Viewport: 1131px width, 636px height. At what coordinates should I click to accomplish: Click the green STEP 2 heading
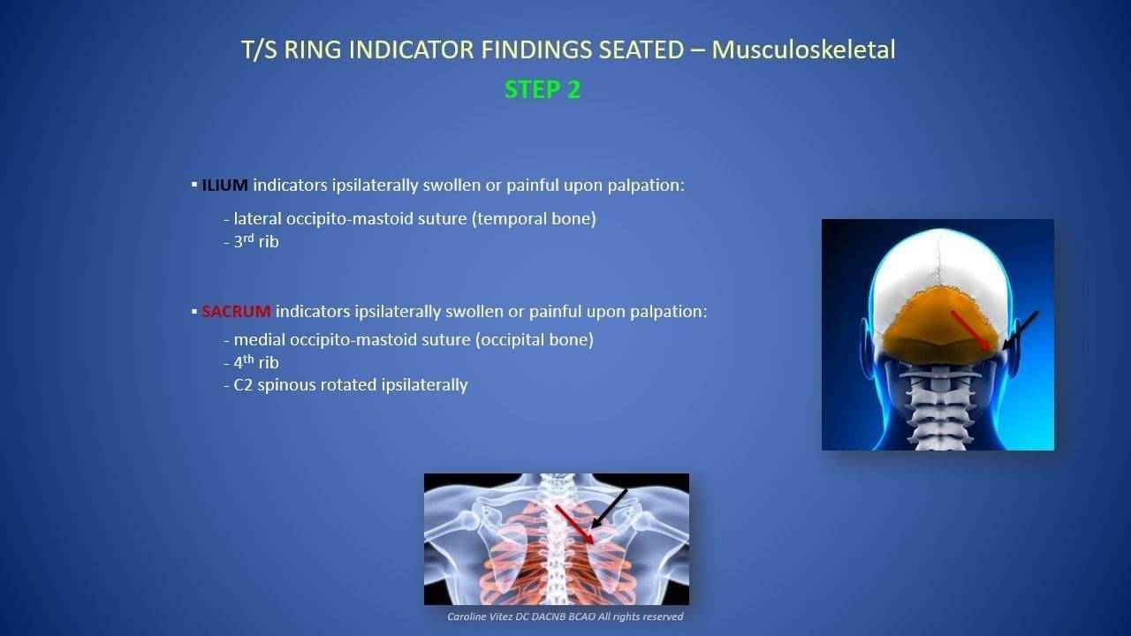[543, 90]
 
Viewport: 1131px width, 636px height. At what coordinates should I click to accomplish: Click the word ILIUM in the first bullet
[224, 185]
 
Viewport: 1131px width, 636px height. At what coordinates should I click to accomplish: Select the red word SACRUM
[236, 312]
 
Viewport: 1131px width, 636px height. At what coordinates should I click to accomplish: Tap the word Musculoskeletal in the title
[804, 49]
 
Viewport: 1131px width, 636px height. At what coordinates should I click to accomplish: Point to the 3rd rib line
[252, 241]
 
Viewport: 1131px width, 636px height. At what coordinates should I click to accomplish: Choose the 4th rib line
[252, 361]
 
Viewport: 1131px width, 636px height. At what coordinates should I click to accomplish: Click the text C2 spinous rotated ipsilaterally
[345, 385]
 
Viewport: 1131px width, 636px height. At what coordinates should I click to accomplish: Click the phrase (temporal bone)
[535, 219]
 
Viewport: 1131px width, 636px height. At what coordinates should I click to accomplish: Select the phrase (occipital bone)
[535, 340]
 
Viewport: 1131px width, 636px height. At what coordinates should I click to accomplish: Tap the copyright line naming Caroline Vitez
[565, 617]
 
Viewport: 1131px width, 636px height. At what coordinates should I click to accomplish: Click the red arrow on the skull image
[970, 330]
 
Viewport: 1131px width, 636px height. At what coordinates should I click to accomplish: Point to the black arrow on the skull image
[1020, 330]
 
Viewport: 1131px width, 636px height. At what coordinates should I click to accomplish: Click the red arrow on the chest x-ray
[574, 525]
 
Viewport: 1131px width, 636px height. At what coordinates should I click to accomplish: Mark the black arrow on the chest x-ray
[609, 509]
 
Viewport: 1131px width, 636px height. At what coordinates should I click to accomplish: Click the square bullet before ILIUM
[194, 185]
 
